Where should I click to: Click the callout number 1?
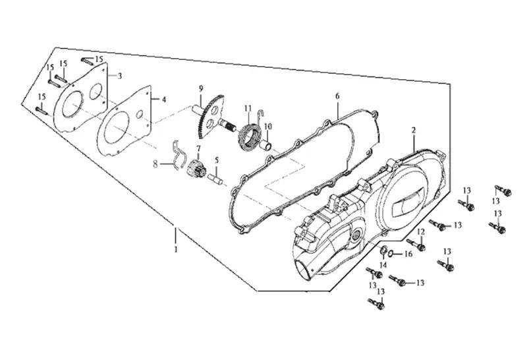pos(176,249)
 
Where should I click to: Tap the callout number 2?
pos(414,130)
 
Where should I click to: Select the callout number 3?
pos(120,76)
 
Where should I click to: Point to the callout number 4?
pos(163,100)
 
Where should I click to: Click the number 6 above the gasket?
pos(337,96)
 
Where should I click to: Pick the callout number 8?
pos(155,164)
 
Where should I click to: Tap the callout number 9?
pos(201,89)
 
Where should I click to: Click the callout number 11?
pos(248,108)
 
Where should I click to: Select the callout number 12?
pos(421,231)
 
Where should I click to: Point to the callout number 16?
pos(408,254)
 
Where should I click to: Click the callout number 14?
pos(383,265)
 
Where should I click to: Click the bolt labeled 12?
pos(416,245)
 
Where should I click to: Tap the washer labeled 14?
pos(383,251)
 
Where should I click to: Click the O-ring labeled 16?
pos(392,253)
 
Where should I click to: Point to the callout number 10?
pos(268,127)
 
